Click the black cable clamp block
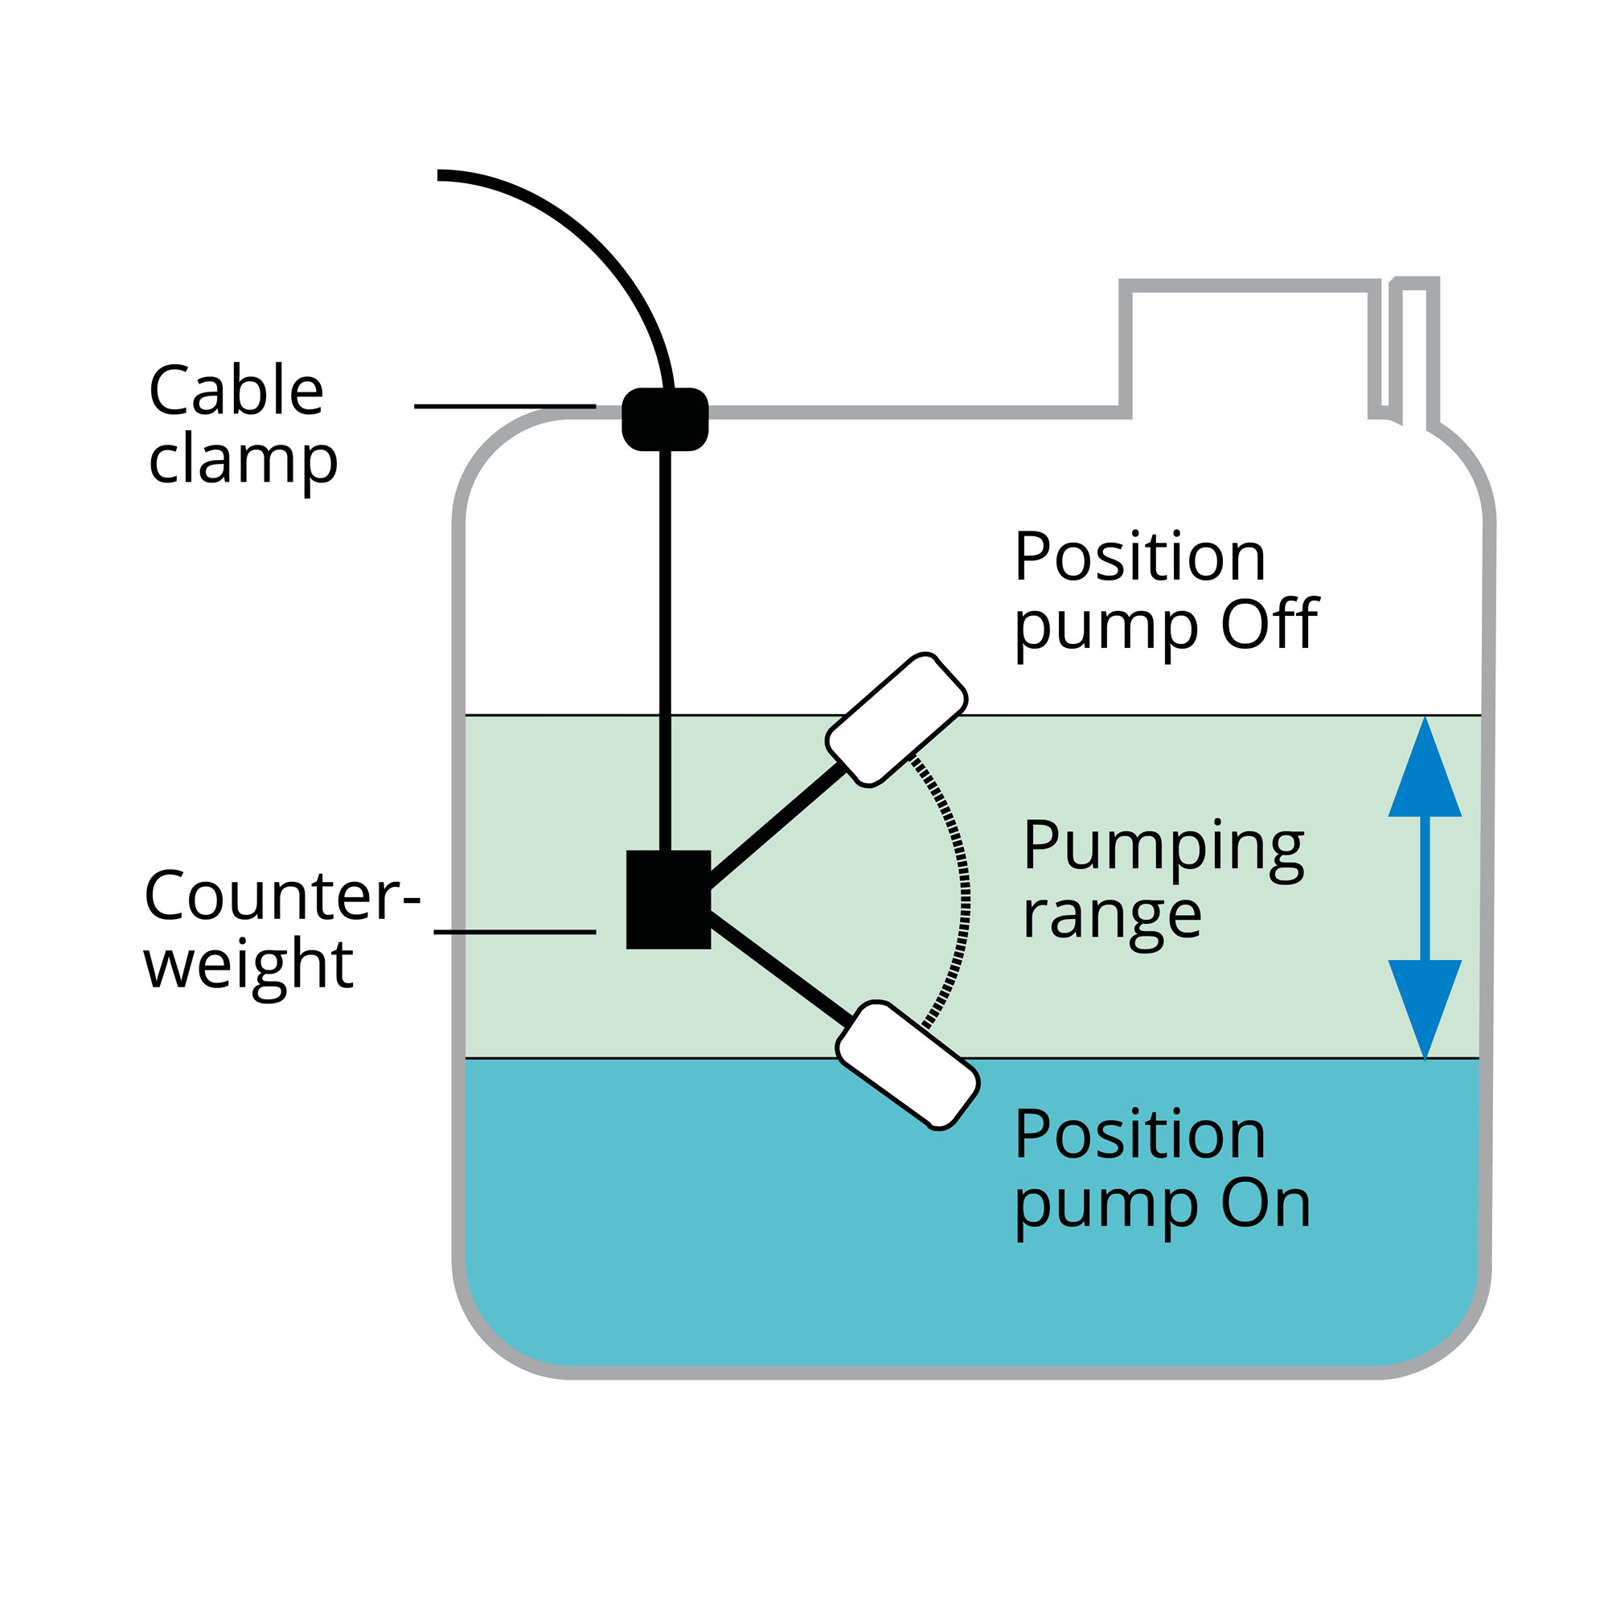click(665, 420)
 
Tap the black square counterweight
click(668, 900)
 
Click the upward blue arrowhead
click(1425, 770)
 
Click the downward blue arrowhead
click(1425, 1007)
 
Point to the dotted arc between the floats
click(964, 895)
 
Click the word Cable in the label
click(236, 391)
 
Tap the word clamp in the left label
click(243, 460)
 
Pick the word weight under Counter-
click(248, 966)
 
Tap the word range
click(1112, 917)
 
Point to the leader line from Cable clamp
click(504, 406)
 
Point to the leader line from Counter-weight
click(515, 932)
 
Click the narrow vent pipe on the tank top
click(1415, 350)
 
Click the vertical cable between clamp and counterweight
click(665, 649)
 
